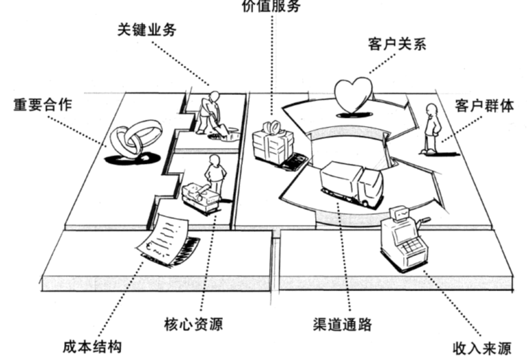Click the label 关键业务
pyautogui.click(x=145, y=31)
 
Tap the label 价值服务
pyautogui.click(x=272, y=7)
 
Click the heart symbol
pyautogui.click(x=353, y=95)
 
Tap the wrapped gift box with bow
pyautogui.click(x=272, y=142)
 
